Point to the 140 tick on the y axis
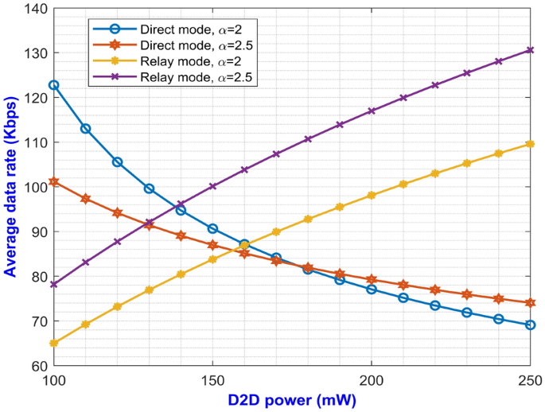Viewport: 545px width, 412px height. tap(36, 9)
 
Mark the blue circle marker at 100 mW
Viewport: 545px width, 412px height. tap(53, 85)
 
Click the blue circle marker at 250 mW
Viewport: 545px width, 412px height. tap(531, 325)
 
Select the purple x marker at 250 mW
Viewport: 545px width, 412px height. tap(531, 50)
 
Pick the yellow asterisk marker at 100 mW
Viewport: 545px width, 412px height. tap(53, 343)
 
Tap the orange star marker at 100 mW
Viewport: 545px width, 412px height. tap(53, 182)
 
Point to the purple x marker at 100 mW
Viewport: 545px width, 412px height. tap(53, 284)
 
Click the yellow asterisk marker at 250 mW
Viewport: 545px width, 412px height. tap(531, 144)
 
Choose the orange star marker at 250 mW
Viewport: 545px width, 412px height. tap(531, 302)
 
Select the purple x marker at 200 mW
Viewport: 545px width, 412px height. tap(372, 111)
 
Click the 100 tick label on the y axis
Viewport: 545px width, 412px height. tap(36, 188)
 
